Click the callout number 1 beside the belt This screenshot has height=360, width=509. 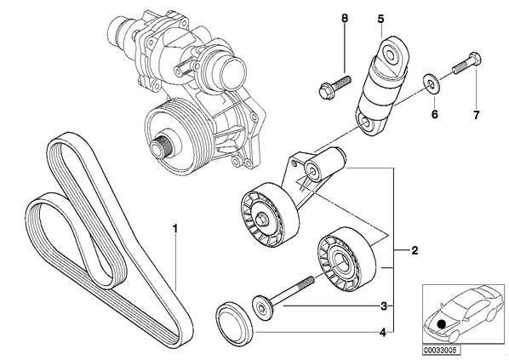tap(175, 229)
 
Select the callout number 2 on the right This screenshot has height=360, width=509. tap(415, 250)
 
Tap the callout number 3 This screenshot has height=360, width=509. tap(384, 306)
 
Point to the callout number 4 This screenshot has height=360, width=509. tap(383, 333)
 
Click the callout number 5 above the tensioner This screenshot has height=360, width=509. tap(380, 19)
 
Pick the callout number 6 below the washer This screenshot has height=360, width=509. tap(435, 114)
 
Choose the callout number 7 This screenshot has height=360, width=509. tap(476, 115)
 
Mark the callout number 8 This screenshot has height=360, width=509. tap(345, 18)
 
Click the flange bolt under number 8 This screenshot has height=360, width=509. tap(335, 85)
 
